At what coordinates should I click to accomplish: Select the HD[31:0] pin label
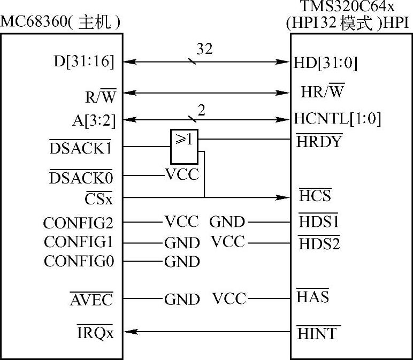pos(325,63)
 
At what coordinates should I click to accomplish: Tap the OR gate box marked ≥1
pos(184,146)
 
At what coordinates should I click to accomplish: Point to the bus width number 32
pos(205,49)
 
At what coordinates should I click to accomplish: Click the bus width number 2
pos(201,110)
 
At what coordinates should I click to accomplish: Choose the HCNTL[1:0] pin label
pos(337,118)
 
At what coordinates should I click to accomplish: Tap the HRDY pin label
pos(319,141)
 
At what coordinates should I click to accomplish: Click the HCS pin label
pos(315,196)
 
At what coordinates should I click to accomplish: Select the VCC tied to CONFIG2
pos(181,221)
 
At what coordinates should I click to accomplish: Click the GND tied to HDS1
pos(227,221)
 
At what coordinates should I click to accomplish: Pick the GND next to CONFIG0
pos(181,262)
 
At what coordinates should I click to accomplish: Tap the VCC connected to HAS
pos(229,298)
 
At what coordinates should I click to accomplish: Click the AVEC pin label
pos(92,300)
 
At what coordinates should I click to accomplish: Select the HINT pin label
pos(318,333)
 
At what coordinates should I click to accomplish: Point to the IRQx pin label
pos(96,333)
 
